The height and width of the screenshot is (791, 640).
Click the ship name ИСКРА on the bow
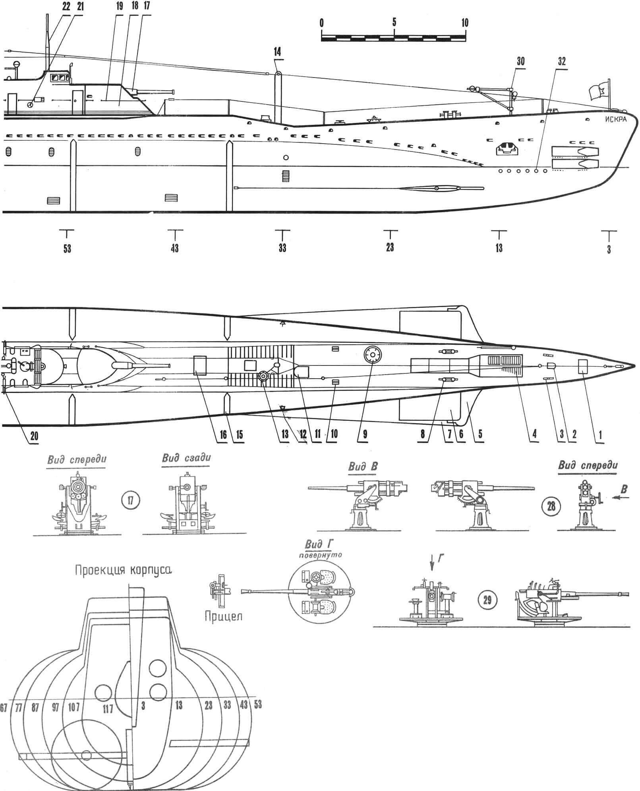(x=614, y=120)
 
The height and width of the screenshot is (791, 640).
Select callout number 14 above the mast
(x=280, y=52)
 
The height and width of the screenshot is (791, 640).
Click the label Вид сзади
(x=187, y=457)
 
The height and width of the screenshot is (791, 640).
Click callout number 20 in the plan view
(x=35, y=436)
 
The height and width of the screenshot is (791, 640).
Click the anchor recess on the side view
(x=507, y=149)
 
